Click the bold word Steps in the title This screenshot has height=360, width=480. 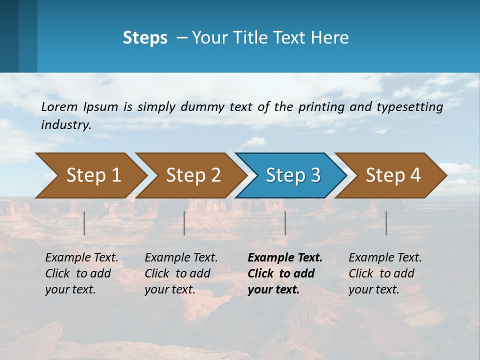pyautogui.click(x=145, y=38)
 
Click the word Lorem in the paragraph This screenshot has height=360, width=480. pyautogui.click(x=59, y=106)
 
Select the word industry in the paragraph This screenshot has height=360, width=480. pyautogui.click(x=65, y=125)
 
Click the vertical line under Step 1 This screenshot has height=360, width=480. pyautogui.click(x=84, y=223)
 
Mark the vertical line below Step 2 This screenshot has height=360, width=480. pyautogui.click(x=184, y=223)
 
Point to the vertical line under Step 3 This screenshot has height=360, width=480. pyautogui.click(x=285, y=223)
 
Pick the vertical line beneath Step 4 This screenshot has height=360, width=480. pyautogui.click(x=386, y=223)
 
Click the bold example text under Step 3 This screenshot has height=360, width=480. pyautogui.click(x=284, y=273)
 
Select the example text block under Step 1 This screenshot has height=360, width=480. pyautogui.click(x=81, y=273)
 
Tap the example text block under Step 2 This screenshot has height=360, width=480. pyautogui.click(x=180, y=273)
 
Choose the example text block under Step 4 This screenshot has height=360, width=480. pyautogui.click(x=384, y=273)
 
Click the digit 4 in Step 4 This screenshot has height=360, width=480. pyautogui.click(x=415, y=175)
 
